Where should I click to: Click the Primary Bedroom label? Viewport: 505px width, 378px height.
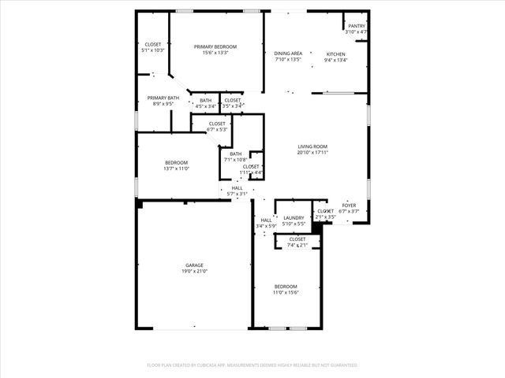point(215,47)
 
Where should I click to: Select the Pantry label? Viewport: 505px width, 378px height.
point(357,26)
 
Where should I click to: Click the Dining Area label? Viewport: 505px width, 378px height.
point(288,54)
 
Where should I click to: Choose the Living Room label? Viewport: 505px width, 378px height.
point(312,146)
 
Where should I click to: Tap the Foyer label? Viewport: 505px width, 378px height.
point(349,205)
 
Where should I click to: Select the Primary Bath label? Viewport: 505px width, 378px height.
point(163,98)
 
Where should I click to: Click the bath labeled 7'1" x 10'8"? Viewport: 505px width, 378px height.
point(236,156)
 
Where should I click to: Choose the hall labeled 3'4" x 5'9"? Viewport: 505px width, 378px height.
point(262,224)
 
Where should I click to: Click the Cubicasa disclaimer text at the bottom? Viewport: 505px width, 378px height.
point(252,365)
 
